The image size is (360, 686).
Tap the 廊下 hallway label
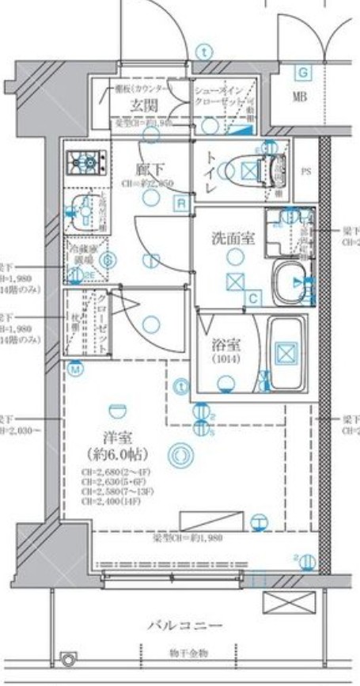[x=150, y=168]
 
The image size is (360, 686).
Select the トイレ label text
[x=213, y=167]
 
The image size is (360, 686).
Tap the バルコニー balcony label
[x=184, y=626]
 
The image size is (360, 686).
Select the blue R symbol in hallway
[x=181, y=203]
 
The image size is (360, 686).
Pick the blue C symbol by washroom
[x=252, y=298]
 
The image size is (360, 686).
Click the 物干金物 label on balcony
[x=188, y=653]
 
